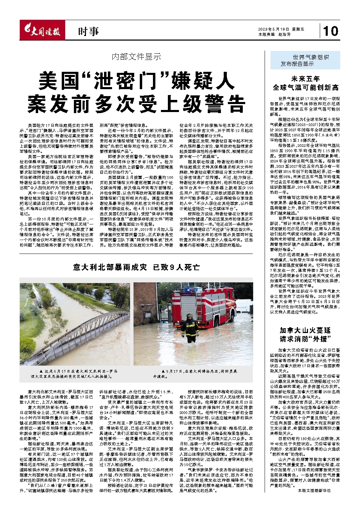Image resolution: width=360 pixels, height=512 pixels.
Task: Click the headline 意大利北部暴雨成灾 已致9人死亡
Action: click(x=136, y=267)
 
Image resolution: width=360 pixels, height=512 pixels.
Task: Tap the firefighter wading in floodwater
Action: click(x=190, y=328)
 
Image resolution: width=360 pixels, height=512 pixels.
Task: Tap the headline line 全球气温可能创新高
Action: click(x=306, y=87)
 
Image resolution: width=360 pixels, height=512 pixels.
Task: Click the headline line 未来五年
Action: click(x=306, y=79)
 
